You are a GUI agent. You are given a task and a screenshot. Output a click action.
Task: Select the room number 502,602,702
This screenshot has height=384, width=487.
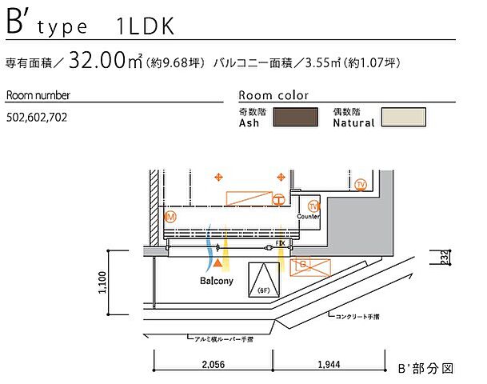click(x=37, y=117)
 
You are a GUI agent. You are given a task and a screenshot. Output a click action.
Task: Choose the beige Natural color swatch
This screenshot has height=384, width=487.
click(x=405, y=118)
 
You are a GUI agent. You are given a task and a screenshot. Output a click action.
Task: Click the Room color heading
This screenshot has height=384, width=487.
click(x=273, y=95)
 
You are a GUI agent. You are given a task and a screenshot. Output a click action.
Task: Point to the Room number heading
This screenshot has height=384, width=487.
click(x=38, y=95)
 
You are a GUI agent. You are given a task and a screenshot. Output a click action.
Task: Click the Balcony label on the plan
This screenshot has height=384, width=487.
click(x=216, y=282)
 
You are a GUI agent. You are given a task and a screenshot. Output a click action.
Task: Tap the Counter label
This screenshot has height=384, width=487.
click(x=308, y=217)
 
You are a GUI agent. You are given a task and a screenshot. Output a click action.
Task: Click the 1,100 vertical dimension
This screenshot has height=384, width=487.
click(x=103, y=282)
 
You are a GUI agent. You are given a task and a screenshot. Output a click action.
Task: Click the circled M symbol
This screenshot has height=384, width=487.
click(x=170, y=217)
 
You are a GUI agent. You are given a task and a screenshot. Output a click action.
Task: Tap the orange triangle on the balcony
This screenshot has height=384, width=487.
click(x=218, y=262)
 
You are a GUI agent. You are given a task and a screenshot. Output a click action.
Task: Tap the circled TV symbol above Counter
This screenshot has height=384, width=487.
click(x=313, y=206)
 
